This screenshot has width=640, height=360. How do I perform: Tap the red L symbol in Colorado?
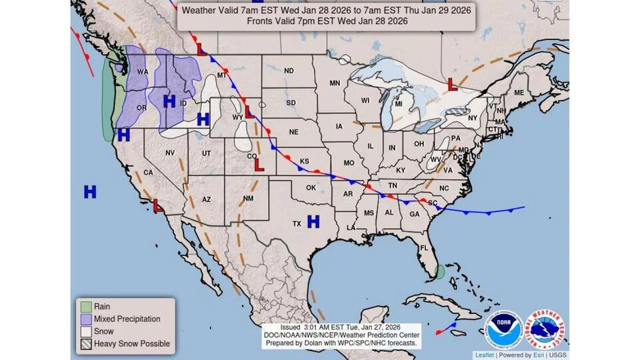[x=259, y=164]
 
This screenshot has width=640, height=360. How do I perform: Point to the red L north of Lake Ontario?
[x=452, y=85]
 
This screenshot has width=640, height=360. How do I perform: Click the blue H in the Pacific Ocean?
[x=90, y=192]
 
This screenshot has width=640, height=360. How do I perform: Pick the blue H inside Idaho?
[x=169, y=101]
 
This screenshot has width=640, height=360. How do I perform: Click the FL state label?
[x=423, y=248]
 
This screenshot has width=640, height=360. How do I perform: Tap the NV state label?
[x=169, y=153]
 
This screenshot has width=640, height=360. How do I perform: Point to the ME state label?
[x=518, y=93]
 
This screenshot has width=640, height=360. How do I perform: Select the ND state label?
[x=289, y=71]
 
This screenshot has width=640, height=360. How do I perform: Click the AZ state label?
[x=207, y=199]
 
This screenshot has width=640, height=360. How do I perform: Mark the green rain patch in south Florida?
[x=439, y=271]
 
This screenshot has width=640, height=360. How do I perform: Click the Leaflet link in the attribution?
[x=485, y=355]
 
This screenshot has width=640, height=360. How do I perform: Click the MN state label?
[x=335, y=83]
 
